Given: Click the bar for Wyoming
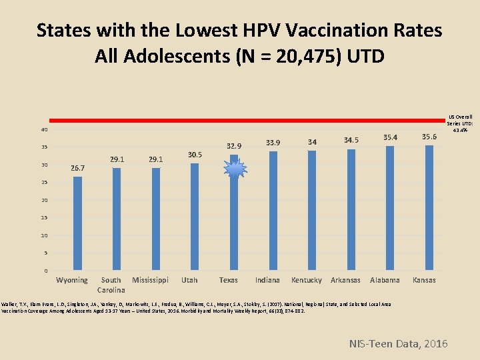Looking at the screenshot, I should (x=77, y=223).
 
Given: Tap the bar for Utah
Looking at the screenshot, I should (x=195, y=217).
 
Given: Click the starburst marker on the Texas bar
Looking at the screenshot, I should (x=235, y=171).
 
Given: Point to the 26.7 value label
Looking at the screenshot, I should (x=78, y=169).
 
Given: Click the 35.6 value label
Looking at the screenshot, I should (x=429, y=137).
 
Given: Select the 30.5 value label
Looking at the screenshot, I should (x=195, y=155).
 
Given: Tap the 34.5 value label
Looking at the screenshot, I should (x=351, y=140).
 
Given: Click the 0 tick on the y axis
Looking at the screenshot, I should (x=45, y=271).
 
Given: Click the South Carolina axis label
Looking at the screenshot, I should (x=111, y=285).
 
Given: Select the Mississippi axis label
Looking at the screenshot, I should (x=150, y=280).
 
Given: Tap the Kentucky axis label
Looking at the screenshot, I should (x=306, y=280).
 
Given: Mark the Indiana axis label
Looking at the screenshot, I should (x=267, y=280).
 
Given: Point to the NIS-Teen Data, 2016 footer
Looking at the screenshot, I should (x=399, y=343).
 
